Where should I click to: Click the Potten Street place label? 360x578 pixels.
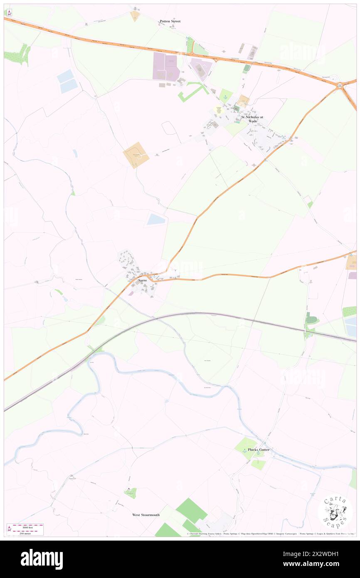pyautogui.click(x=170, y=21)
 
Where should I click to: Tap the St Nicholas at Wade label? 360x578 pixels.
pyautogui.click(x=252, y=119)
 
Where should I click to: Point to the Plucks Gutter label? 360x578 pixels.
pyautogui.click(x=259, y=450)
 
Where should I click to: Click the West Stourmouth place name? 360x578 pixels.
pyautogui.click(x=145, y=515)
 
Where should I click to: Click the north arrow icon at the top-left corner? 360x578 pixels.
pyautogui.click(x=9, y=12)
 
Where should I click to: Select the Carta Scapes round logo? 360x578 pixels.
pyautogui.click(x=335, y=511)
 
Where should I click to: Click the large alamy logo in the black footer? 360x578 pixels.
pyautogui.click(x=42, y=559)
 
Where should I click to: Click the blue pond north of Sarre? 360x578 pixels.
pyautogui.click(x=156, y=219)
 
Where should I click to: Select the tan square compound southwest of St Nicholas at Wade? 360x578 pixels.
pyautogui.click(x=136, y=155)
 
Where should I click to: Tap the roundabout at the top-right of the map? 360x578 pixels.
pyautogui.click(x=340, y=85)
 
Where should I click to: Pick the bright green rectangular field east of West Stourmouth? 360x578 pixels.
pyautogui.click(x=191, y=510)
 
